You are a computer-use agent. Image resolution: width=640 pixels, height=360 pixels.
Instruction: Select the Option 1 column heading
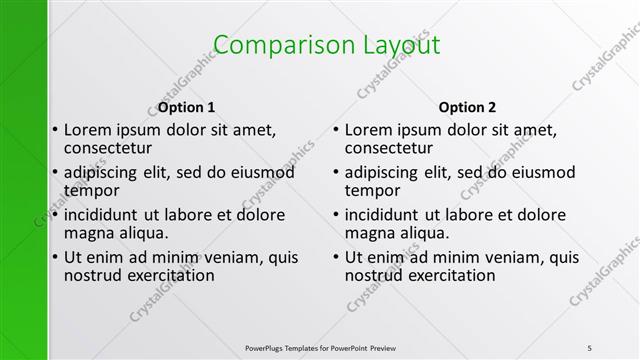point(187,108)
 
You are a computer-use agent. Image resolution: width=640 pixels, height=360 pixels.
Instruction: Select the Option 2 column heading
point(467,108)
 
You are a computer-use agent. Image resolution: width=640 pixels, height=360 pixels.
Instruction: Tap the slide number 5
point(590,347)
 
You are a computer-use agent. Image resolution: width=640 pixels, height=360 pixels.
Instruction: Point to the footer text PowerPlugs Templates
point(290,347)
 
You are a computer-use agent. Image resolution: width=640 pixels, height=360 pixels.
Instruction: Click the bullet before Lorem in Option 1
point(54,131)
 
